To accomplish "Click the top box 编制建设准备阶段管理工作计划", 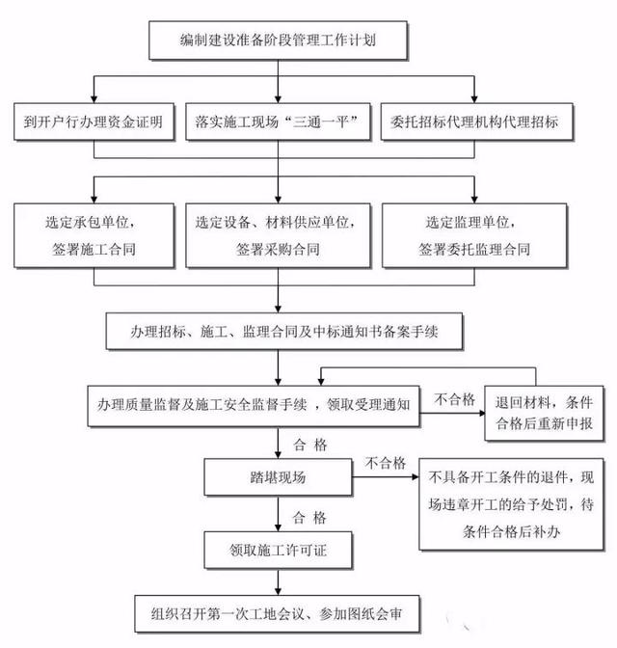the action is (x=278, y=40).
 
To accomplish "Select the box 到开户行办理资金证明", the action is (x=94, y=121).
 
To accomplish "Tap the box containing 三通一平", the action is (x=278, y=121).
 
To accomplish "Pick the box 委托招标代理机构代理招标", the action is (x=476, y=121).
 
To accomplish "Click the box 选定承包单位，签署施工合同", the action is (x=94, y=235).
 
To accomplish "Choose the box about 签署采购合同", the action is (x=278, y=235).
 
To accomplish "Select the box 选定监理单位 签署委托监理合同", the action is (x=474, y=235).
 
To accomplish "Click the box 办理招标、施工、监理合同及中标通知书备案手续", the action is (x=284, y=331).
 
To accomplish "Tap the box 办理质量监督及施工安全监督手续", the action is (x=254, y=406).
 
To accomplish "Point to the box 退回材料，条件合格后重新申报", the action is (x=544, y=413).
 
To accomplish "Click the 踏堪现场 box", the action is (x=278, y=476).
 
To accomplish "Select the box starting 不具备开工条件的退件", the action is (x=511, y=504).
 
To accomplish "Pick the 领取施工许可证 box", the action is (x=278, y=550).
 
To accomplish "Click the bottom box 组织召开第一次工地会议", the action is (x=277, y=613).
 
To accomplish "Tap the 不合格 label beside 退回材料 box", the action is (x=454, y=399).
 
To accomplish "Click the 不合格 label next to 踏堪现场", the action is (x=386, y=463).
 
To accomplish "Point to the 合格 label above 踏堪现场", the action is (x=310, y=445).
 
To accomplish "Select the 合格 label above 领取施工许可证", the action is (x=309, y=518).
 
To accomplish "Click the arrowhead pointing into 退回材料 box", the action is (x=481, y=413).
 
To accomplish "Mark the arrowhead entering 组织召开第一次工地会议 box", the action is (x=278, y=591).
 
